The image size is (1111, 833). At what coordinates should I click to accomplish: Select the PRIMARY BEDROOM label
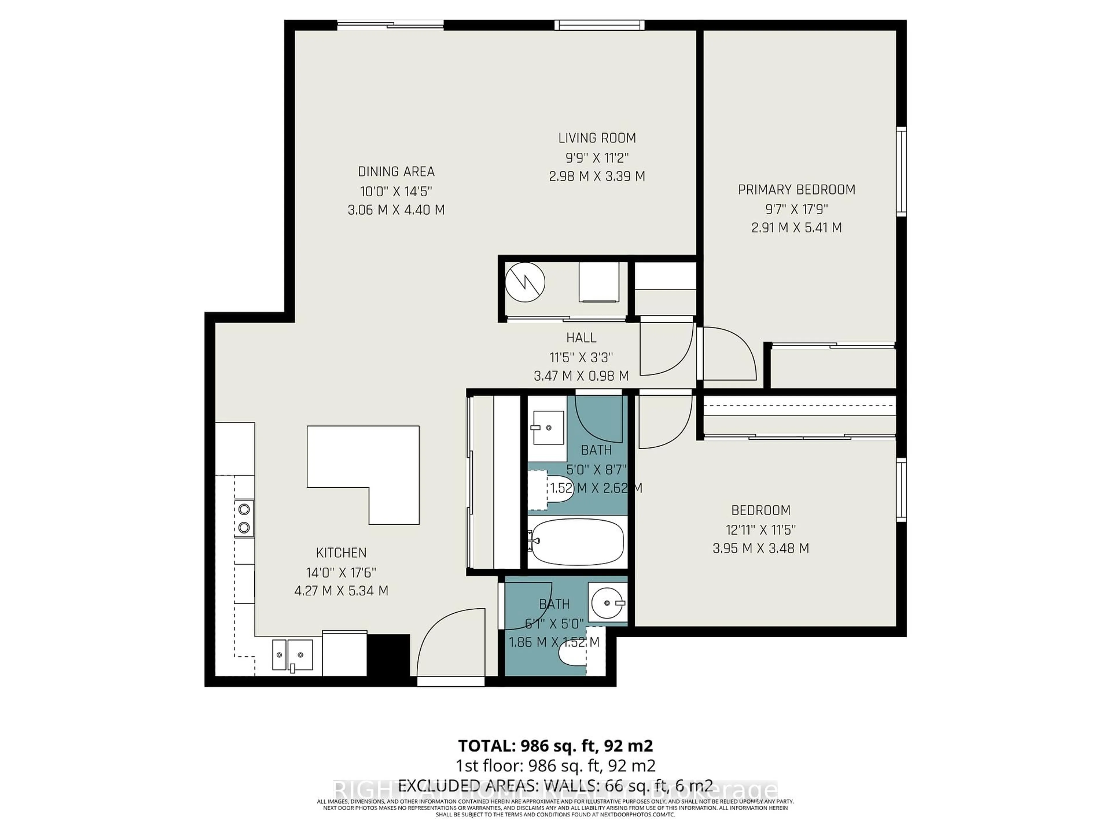pyautogui.click(x=796, y=190)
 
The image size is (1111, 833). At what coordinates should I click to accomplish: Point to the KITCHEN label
pyautogui.click(x=341, y=553)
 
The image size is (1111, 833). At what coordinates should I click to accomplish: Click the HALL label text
pyautogui.click(x=581, y=338)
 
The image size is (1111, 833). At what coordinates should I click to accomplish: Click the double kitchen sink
pyautogui.click(x=292, y=655)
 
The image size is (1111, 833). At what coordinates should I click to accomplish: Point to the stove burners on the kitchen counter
pyautogui.click(x=244, y=518)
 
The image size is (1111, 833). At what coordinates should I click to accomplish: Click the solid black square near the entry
pyautogui.click(x=389, y=655)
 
